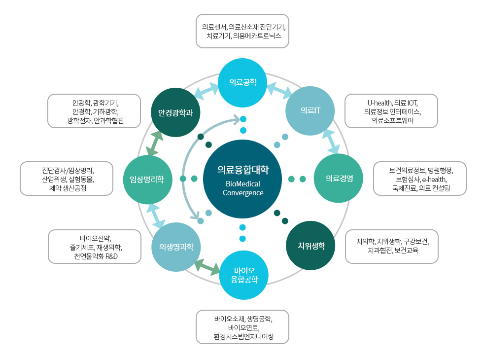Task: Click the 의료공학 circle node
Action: coord(242,82)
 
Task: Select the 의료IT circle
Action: coord(310,110)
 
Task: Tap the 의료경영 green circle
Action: coord(339,179)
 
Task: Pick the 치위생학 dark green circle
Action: coord(311,246)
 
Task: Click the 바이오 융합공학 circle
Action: coord(244,275)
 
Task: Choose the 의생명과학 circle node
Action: coord(176,247)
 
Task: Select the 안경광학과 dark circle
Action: coord(175,111)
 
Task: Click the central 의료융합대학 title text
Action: coord(243,170)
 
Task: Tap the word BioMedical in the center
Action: coord(243,183)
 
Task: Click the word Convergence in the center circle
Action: coord(243,193)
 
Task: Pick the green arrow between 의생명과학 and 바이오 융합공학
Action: coord(207,267)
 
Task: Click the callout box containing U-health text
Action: coord(391,111)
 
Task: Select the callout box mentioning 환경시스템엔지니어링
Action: coord(242,326)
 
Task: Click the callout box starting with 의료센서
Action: coord(242,31)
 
